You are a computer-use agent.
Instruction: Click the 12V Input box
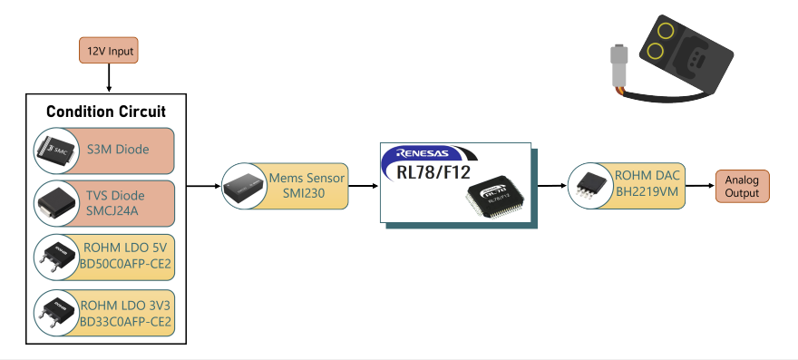109,51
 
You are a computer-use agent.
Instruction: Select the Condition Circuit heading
106,112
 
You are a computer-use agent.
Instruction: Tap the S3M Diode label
118,150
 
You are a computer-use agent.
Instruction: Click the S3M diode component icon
57,151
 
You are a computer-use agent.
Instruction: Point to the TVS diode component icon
57,203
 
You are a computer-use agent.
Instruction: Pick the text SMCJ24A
115,209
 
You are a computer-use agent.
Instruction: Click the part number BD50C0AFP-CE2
125,264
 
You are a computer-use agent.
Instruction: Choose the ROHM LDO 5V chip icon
57,258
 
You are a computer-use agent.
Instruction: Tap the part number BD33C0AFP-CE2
125,322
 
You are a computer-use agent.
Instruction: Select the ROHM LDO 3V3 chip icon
57,313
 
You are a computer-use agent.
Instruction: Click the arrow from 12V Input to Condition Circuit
109,78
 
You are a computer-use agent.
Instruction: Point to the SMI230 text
307,193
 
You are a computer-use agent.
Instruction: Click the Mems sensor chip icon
244,187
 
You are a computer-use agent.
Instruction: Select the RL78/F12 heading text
433,172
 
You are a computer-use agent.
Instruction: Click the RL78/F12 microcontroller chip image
496,196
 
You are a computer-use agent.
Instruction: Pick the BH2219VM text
647,191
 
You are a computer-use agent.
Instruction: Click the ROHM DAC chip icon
590,186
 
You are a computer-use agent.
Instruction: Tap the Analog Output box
742,187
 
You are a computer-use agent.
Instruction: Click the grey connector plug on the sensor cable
618,65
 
